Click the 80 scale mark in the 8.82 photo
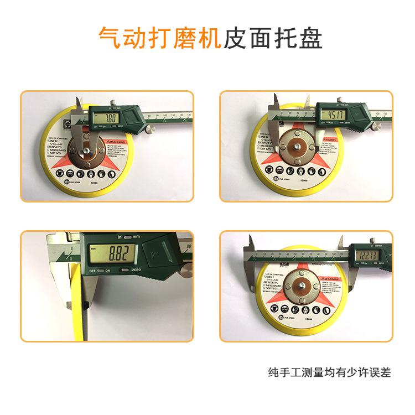tap(189, 246)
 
